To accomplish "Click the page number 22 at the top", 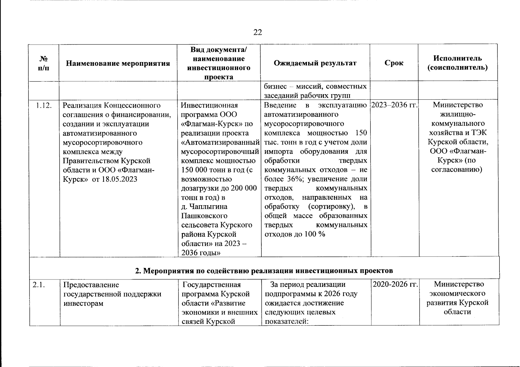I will coord(258,32).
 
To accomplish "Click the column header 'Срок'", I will coord(394,63).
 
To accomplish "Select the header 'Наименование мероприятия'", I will coord(118,64).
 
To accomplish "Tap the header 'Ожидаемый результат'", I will coord(315,63).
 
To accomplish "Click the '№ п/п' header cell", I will coord(44,63).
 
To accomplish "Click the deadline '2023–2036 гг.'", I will coord(394,105).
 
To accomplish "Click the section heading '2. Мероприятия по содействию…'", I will coord(264,271).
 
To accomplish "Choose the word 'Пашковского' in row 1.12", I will coord(204,216).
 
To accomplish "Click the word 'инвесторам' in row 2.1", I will coord(83,303).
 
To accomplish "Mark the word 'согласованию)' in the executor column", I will coord(457,170).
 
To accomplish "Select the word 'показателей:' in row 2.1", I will coord(286,321).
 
